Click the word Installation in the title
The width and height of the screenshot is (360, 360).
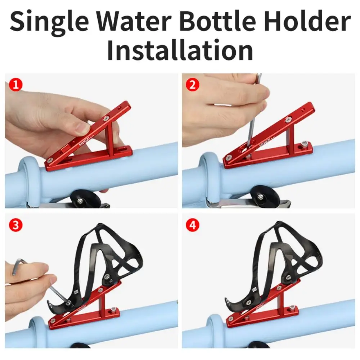(180, 50)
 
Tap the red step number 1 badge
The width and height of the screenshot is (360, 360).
(15, 85)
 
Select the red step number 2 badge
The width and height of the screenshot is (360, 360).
(192, 85)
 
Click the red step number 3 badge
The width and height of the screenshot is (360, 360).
(15, 225)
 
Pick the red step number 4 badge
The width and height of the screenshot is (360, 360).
(192, 225)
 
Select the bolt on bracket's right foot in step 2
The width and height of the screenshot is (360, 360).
(305, 144)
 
